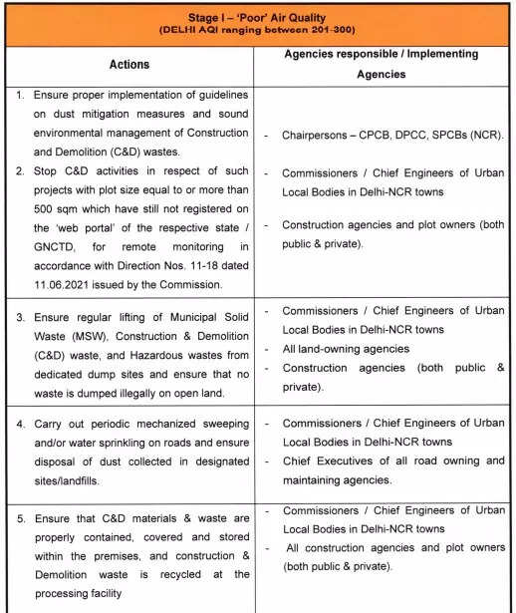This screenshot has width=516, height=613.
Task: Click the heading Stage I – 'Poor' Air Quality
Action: pos(257,17)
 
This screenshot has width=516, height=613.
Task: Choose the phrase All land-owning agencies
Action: pos(347,348)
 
